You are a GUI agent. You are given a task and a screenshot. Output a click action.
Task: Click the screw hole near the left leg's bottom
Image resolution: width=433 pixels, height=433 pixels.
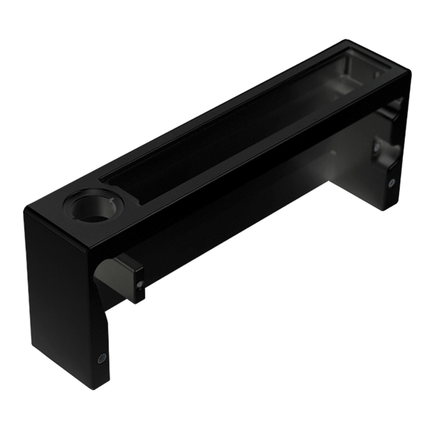tap(101, 358)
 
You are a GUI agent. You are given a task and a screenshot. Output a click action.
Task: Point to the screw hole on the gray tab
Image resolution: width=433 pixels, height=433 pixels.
tap(140, 284)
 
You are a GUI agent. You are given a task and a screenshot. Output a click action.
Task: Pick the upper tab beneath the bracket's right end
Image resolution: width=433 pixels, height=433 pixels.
tap(391, 108)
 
